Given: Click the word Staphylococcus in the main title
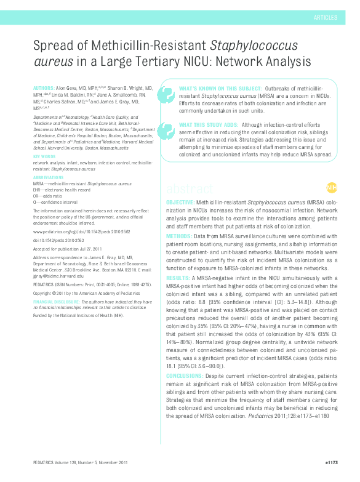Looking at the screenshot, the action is point(254,46).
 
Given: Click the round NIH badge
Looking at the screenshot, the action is point(332,188).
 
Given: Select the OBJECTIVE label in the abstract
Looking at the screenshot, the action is point(180,203).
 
